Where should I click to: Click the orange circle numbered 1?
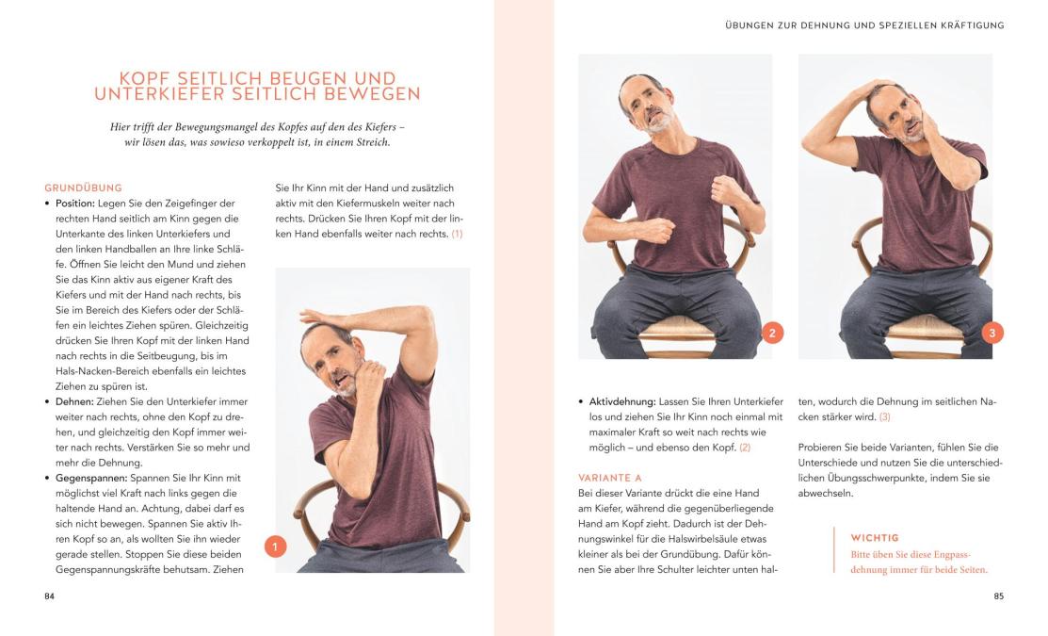pos(275,546)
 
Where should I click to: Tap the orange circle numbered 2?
pos(772,333)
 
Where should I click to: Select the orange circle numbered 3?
pos(992,333)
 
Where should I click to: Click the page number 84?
pos(50,595)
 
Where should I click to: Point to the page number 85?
pos(998,595)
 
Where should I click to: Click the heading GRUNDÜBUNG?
pos(84,188)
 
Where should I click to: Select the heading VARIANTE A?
pos(609,478)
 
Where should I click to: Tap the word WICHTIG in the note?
pos(874,538)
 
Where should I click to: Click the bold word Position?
pos(75,204)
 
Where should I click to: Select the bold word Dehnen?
pos(74,402)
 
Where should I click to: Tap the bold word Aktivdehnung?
pos(622,402)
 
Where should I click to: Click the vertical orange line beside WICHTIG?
pos(834,549)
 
